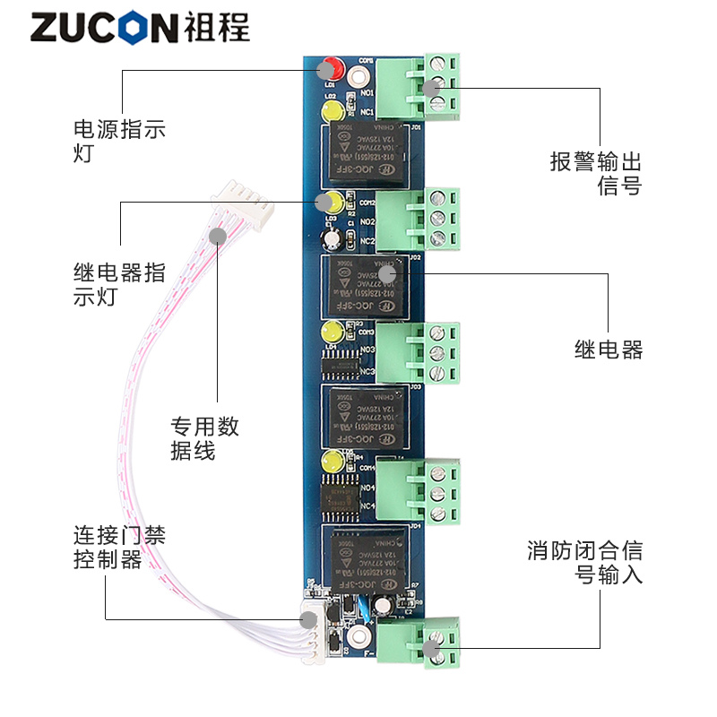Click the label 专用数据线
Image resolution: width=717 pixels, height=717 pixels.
[x=205, y=438]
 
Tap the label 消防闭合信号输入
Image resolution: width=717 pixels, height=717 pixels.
[x=585, y=562]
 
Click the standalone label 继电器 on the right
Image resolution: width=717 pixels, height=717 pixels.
[x=609, y=350]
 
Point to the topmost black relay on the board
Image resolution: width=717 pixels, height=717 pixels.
[x=364, y=152]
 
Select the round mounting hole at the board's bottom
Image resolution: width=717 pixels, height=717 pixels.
[x=358, y=637]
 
